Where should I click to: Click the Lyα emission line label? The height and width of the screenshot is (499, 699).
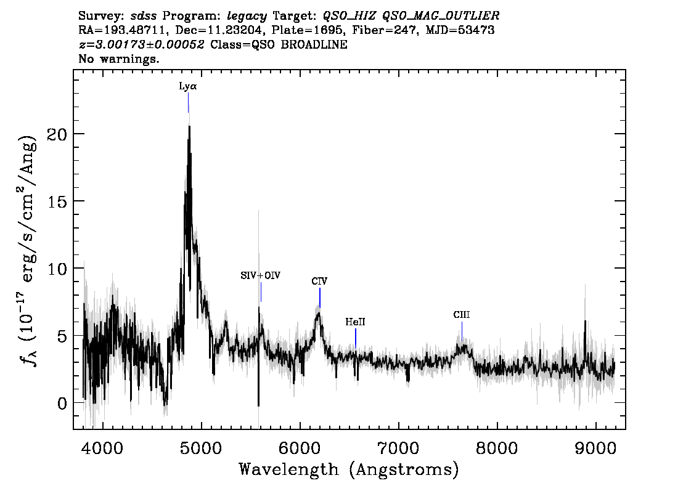coord(187,86)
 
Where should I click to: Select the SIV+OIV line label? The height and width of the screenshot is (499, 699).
coord(260,275)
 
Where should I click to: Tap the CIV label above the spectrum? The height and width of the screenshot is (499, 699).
coord(319,281)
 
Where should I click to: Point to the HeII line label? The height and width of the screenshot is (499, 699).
coord(355,322)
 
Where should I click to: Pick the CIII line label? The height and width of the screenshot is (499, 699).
coord(462,315)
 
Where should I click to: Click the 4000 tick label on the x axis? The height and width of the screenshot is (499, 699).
coord(103,448)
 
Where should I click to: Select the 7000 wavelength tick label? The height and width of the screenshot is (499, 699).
coord(399,448)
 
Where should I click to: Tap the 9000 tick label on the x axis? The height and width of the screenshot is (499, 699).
coord(595,448)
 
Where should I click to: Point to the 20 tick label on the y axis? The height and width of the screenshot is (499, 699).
coord(57,134)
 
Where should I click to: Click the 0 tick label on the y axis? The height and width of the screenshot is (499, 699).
coord(62,403)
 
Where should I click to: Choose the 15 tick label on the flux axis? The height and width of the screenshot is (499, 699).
coord(57,201)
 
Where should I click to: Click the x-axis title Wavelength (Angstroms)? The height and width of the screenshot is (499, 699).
coord(349,469)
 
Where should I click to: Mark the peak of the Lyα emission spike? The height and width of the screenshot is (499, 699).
coord(189,126)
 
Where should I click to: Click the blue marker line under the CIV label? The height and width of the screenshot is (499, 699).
coord(320,298)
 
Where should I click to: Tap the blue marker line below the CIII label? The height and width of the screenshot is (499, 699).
coord(462,330)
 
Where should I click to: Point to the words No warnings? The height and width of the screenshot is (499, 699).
coord(118,59)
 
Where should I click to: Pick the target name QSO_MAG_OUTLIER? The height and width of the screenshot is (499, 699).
coord(441,16)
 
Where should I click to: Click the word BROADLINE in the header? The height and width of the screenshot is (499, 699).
coord(314,44)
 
